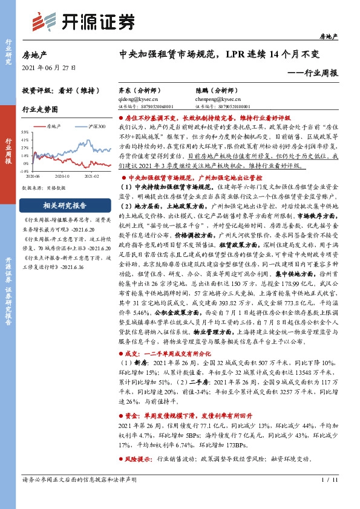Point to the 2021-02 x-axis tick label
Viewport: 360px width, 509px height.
pyautogui.click(x=91, y=175)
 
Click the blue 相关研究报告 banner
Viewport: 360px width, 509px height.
pyautogui.click(x=65, y=205)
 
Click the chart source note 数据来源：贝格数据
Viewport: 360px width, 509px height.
pyautogui.click(x=44, y=187)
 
